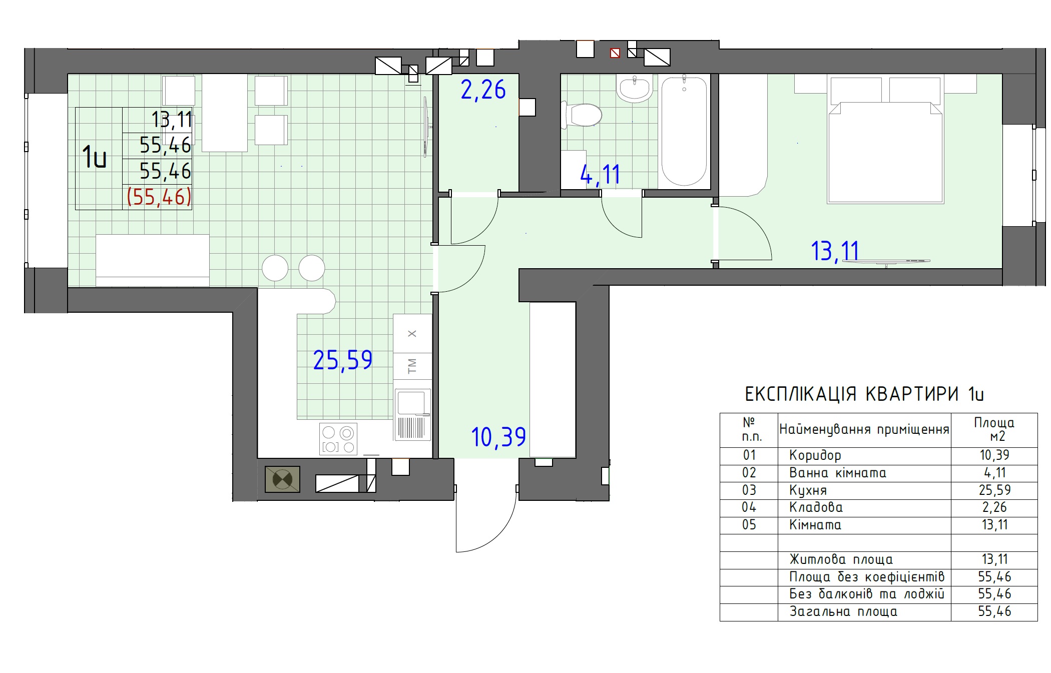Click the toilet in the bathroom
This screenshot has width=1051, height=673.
(x=582, y=115)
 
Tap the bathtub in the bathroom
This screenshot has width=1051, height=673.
(x=684, y=131)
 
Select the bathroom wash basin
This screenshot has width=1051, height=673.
(x=635, y=89)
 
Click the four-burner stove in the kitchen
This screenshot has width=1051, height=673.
(x=338, y=439)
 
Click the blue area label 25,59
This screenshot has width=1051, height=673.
(x=343, y=360)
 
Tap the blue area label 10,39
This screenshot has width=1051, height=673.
(x=498, y=437)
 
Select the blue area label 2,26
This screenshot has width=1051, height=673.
(x=483, y=90)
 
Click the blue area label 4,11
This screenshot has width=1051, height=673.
(x=600, y=175)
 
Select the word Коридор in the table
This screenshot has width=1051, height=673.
(x=815, y=455)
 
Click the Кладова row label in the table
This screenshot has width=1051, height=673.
(x=816, y=507)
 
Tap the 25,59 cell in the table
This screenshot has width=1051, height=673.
(x=994, y=490)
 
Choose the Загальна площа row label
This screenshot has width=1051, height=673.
(x=843, y=611)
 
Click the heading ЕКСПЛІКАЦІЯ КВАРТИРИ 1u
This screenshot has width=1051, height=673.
(x=864, y=394)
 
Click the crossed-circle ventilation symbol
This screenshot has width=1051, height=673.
(x=282, y=479)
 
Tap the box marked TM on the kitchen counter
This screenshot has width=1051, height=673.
(x=412, y=366)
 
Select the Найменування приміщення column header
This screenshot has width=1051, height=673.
(x=864, y=430)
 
